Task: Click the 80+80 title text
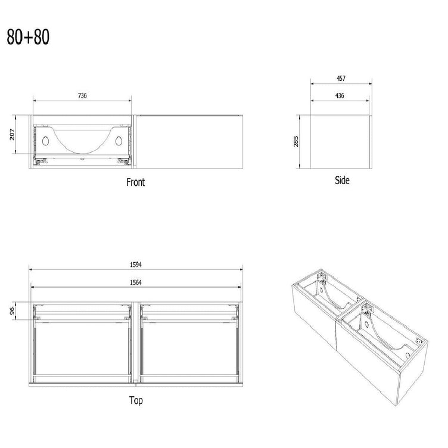click(28, 37)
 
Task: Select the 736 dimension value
click(82, 96)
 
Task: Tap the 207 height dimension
click(12, 134)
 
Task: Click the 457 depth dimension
click(341, 78)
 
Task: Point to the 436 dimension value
click(340, 96)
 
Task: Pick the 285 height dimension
click(295, 141)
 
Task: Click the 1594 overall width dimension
click(136, 265)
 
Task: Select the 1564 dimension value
click(136, 282)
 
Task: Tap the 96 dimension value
click(12, 310)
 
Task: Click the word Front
click(136, 182)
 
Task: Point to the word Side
click(342, 181)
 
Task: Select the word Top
click(136, 400)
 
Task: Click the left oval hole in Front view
click(45, 141)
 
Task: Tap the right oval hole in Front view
click(119, 141)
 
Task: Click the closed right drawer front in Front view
click(189, 142)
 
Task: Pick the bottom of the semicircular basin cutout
click(82, 153)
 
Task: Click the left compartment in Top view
click(82, 349)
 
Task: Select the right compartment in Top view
click(189, 349)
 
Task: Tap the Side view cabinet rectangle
click(341, 142)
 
